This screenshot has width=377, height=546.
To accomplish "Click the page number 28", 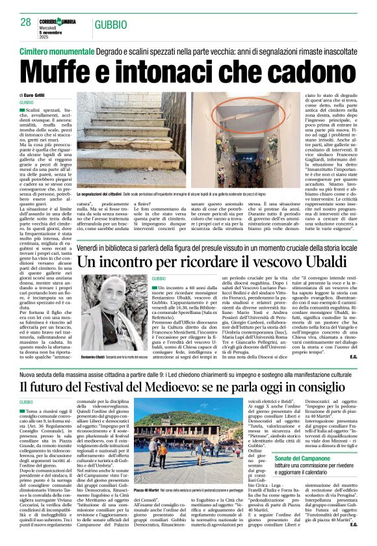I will click(26, 23).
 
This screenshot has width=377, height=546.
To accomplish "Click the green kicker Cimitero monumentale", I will click(55, 50).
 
